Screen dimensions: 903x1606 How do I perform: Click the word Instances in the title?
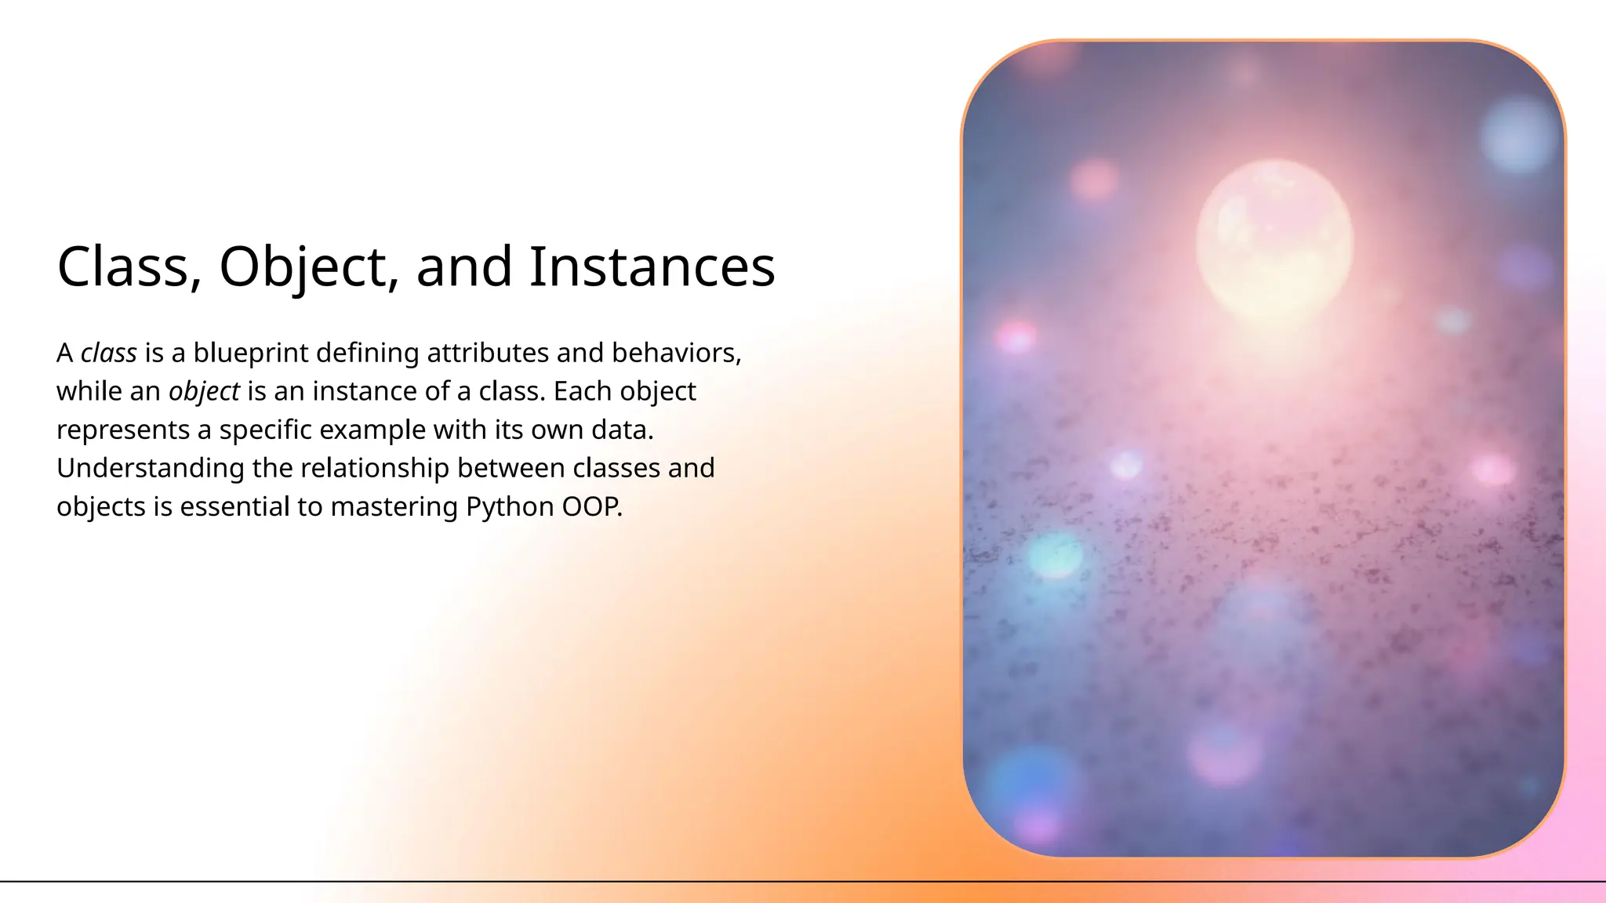point(652,267)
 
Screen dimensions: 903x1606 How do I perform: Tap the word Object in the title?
point(303,267)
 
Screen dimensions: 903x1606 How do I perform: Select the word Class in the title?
point(122,267)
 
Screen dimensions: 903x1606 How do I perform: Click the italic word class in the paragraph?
point(109,354)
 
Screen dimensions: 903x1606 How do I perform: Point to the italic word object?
point(204,392)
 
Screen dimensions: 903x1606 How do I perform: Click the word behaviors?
point(676,354)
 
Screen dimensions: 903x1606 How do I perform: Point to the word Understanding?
point(151,468)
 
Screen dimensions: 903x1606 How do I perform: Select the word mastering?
point(394,507)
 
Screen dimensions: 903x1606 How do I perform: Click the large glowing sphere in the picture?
point(1274,239)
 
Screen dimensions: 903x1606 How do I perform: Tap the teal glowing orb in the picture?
point(1055,555)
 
